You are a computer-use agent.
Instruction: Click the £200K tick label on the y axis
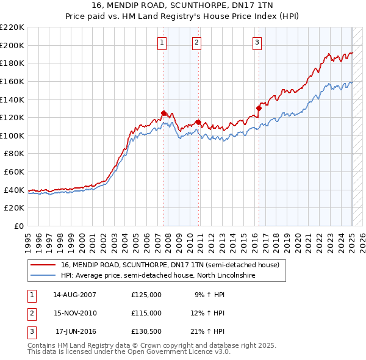point(12,45)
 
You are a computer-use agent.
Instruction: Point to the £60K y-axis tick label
point(14,172)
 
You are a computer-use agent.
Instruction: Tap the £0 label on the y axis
point(20,226)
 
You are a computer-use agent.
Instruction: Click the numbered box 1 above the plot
point(162,42)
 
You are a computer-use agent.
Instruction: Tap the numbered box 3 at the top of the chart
point(257,42)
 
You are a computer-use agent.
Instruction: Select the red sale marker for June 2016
point(259,108)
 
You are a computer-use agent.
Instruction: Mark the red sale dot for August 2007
point(163,113)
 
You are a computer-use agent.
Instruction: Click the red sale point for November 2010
point(199,122)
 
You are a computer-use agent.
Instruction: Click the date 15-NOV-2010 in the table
point(75,313)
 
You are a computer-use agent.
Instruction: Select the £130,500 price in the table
point(146,332)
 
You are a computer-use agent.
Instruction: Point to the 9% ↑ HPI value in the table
point(210,294)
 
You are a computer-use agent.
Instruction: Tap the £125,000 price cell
point(146,294)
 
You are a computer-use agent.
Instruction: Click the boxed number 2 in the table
point(31,313)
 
